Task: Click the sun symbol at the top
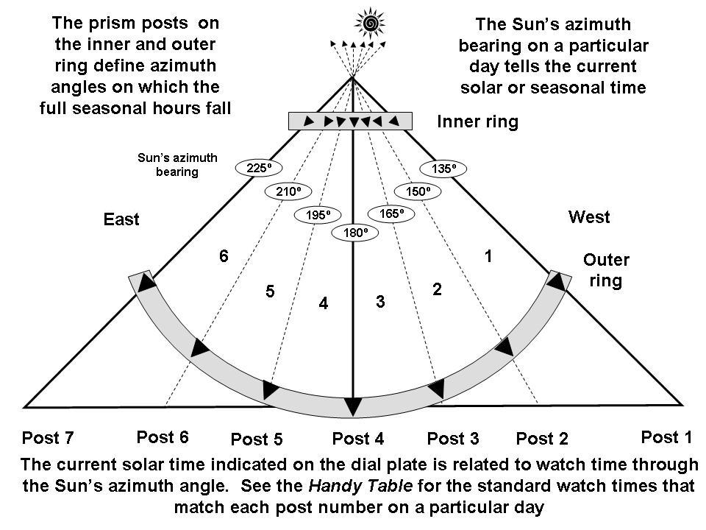click(370, 24)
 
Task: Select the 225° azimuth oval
click(259, 168)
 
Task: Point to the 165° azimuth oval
click(391, 214)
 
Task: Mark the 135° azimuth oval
click(444, 169)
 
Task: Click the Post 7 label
click(48, 439)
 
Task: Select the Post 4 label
click(358, 439)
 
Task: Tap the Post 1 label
click(666, 437)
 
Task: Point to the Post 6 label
click(163, 437)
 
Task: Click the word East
click(121, 219)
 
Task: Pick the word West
click(589, 217)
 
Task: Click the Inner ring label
click(477, 122)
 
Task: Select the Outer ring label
click(606, 270)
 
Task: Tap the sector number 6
click(224, 256)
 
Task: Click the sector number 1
click(487, 256)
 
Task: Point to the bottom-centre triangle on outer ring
click(354, 406)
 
